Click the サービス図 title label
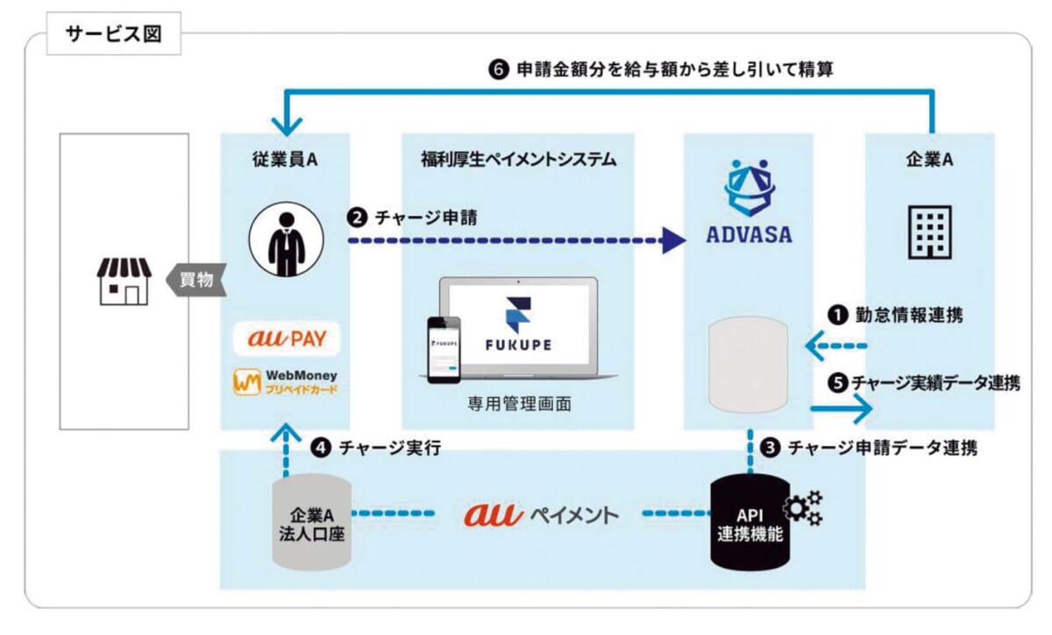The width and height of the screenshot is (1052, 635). (x=114, y=34)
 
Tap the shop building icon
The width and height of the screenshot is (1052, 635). (x=124, y=281)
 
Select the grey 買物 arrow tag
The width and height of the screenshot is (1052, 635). (x=196, y=280)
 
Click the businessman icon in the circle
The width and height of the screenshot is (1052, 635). (x=286, y=239)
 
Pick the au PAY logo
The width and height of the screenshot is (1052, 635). (x=287, y=339)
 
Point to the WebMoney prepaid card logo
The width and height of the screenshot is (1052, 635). (x=286, y=382)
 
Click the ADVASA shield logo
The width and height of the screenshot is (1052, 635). (x=750, y=188)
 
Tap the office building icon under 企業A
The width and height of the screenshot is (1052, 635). (x=929, y=232)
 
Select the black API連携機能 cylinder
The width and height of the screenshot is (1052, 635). (x=750, y=523)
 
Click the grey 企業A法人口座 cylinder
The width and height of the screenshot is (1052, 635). (x=312, y=523)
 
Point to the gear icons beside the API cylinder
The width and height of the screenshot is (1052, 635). (x=803, y=508)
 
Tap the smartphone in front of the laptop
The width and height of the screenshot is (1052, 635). (x=444, y=350)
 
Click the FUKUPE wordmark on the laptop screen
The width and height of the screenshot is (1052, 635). (x=518, y=345)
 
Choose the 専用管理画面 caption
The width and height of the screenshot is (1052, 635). (x=519, y=403)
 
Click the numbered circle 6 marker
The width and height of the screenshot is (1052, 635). (x=499, y=69)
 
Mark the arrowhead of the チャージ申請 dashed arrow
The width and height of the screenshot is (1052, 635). (x=674, y=240)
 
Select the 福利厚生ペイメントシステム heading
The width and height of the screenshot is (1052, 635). (x=518, y=160)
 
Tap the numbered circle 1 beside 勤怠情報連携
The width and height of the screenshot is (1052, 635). (x=837, y=316)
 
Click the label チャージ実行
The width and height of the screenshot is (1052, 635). (x=390, y=448)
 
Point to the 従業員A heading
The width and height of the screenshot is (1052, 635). (x=285, y=160)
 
